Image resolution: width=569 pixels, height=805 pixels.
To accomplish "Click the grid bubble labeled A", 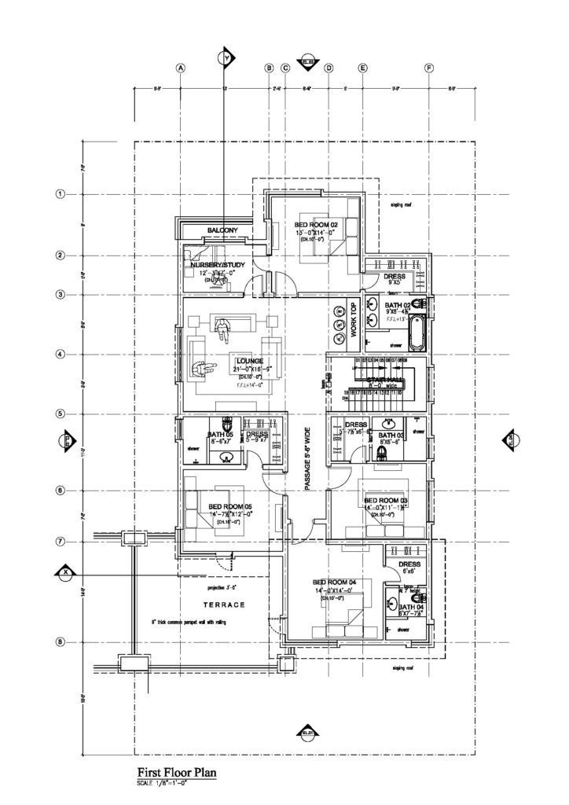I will pos(180,68).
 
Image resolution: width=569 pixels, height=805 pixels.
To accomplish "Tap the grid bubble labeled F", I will pos(429,68).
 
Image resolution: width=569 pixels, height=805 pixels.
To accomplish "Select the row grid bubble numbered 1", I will pos(60,193).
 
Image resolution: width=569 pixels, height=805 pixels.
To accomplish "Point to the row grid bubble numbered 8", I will pos(60,641).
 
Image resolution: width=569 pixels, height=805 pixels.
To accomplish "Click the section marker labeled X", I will pos(65,571).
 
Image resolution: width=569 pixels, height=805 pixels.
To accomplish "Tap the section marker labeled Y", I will pos(227,57).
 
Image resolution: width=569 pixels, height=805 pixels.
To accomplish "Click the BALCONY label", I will pos(222,230).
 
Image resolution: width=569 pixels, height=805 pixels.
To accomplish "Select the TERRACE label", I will pos(224,605).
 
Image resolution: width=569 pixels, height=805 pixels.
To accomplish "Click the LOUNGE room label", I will pos(249,361).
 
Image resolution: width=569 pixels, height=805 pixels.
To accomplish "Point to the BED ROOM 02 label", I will pos(316,225).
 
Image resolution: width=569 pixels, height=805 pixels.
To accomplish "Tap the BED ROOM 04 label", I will pos(335,583).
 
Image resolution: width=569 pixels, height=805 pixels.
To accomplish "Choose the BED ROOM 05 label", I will pos(230,506).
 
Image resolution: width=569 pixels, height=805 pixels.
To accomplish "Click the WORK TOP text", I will pos(354,321).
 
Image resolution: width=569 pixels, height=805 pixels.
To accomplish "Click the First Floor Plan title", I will pos(177,772).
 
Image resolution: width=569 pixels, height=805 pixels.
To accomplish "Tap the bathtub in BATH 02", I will pos(416,333).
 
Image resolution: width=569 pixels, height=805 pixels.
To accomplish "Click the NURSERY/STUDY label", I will pos(213,266).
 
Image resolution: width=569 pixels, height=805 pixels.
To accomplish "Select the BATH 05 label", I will pos(220,435).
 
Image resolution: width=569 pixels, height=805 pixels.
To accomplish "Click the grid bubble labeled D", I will pos(328,68).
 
